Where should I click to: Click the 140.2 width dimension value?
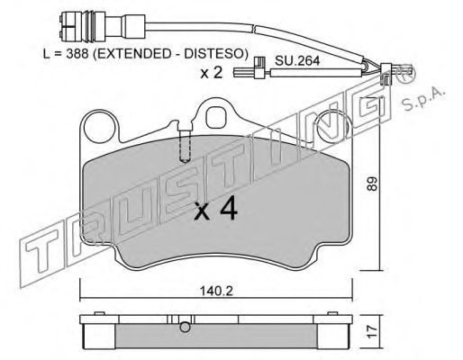216,291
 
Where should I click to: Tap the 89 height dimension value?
372,184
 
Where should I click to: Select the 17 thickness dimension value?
372,332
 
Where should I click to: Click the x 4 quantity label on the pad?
216,210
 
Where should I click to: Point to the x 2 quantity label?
212,73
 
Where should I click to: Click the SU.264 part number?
297,61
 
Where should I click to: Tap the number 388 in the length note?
77,54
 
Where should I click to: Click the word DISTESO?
213,54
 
